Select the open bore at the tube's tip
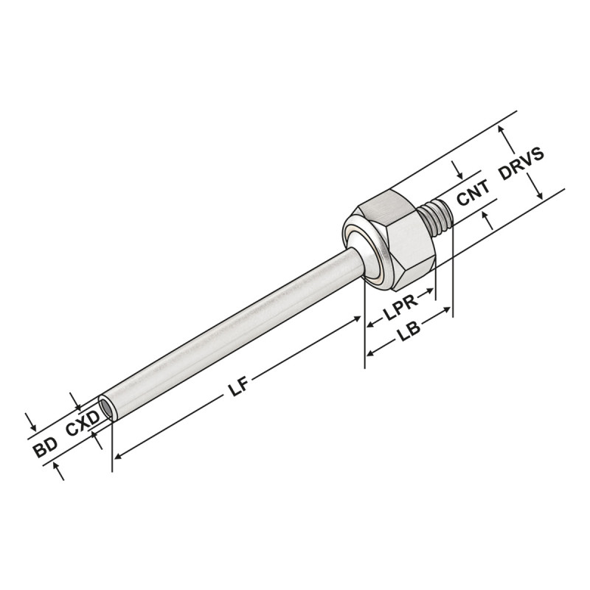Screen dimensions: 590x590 coord(108,407)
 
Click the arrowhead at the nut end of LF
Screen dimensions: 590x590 coord(359,320)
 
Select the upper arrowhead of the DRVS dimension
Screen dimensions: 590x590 coord(504,128)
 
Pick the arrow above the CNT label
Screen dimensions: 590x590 coord(459,175)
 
